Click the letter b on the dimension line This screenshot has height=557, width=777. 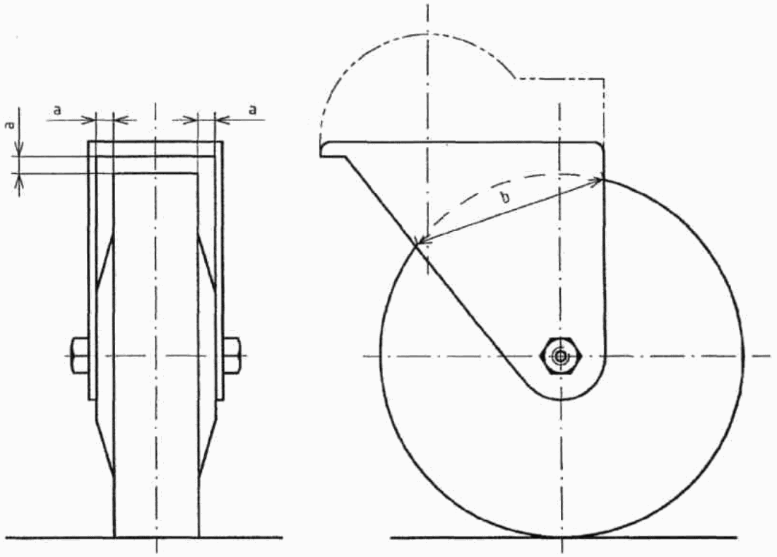click(x=505, y=199)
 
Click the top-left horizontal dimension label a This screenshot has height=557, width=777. click(x=57, y=110)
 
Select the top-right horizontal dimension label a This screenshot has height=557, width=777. click(x=253, y=110)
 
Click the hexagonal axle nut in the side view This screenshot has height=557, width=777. click(x=560, y=356)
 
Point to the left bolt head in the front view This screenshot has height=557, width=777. click(x=80, y=356)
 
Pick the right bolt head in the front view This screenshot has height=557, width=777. click(x=232, y=356)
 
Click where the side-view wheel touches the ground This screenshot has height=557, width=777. click(x=561, y=537)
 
